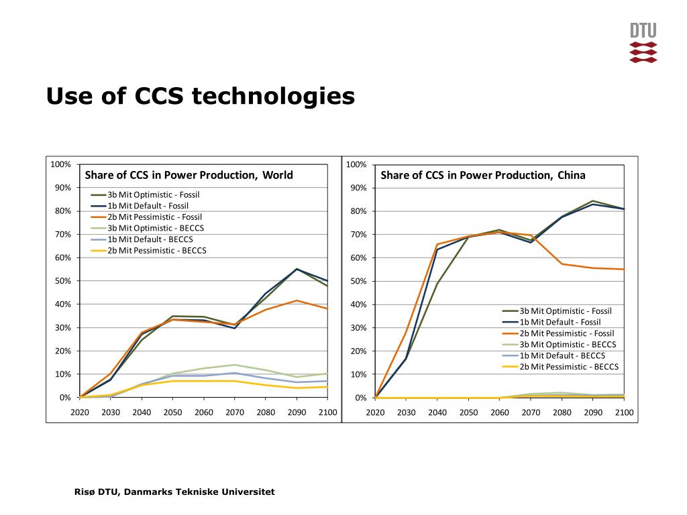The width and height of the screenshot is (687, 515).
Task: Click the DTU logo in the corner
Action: pyautogui.click(x=643, y=43)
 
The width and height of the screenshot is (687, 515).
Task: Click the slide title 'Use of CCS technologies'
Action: pyautogui.click(x=200, y=97)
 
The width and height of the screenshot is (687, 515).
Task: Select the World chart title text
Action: pyautogui.click(x=189, y=176)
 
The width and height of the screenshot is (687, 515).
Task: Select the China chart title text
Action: pyautogui.click(x=483, y=176)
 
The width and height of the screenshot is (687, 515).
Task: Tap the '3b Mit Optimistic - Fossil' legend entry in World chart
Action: pyautogui.click(x=153, y=194)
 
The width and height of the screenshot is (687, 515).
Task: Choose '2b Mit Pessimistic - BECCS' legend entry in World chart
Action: pyautogui.click(x=157, y=250)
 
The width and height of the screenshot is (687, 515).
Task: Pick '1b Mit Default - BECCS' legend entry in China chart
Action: pyautogui.click(x=562, y=355)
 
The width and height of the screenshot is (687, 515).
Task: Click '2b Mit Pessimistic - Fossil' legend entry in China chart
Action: pyautogui.click(x=566, y=333)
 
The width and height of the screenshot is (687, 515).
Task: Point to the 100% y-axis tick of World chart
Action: pyautogui.click(x=60, y=164)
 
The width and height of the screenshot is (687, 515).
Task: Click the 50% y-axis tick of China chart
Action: pyautogui.click(x=357, y=281)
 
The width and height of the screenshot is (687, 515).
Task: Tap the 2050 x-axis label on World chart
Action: pyautogui.click(x=172, y=412)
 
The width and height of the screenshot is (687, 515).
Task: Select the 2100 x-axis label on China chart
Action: pyautogui.click(x=624, y=412)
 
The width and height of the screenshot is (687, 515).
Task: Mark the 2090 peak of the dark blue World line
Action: pyautogui.click(x=297, y=269)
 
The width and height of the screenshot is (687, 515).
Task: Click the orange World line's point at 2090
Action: pyautogui.click(x=297, y=300)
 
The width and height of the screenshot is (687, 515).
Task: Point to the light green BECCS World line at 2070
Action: pyautogui.click(x=235, y=365)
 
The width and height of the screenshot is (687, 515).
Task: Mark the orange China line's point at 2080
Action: pyautogui.click(x=562, y=264)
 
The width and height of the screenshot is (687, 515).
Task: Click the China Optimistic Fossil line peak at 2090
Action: pyautogui.click(x=593, y=201)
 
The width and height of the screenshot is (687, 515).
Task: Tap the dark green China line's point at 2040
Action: pyautogui.click(x=437, y=283)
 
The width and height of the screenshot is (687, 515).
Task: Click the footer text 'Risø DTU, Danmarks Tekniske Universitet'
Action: pyautogui.click(x=174, y=492)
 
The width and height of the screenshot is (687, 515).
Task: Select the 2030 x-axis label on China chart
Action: pyautogui.click(x=406, y=412)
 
